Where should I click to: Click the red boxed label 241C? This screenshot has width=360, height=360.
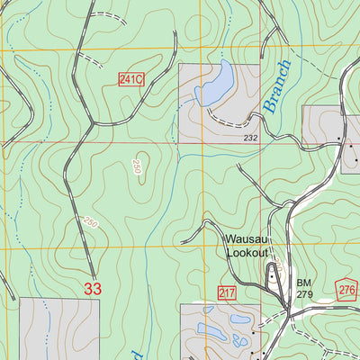pyautogui.click(x=131, y=80)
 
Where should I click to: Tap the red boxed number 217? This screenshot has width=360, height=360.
pyautogui.click(x=227, y=292)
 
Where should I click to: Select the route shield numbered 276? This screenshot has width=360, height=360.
pyautogui.click(x=347, y=289)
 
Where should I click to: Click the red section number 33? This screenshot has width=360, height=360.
pyautogui.click(x=93, y=288)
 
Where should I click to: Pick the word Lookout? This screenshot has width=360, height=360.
pyautogui.click(x=247, y=254)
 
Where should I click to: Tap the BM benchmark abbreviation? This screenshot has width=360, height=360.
pyautogui.click(x=303, y=283)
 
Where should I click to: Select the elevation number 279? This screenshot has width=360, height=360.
pyautogui.click(x=304, y=294)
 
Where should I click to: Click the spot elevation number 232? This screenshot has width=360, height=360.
pyautogui.click(x=250, y=137)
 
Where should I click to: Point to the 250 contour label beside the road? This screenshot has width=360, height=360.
pyautogui.click(x=90, y=221)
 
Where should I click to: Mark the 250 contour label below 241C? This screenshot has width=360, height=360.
pyautogui.click(x=137, y=168)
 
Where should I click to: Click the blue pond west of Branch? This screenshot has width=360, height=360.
pyautogui.click(x=211, y=84)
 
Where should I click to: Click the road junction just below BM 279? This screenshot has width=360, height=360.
pyautogui.click(x=287, y=310)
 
